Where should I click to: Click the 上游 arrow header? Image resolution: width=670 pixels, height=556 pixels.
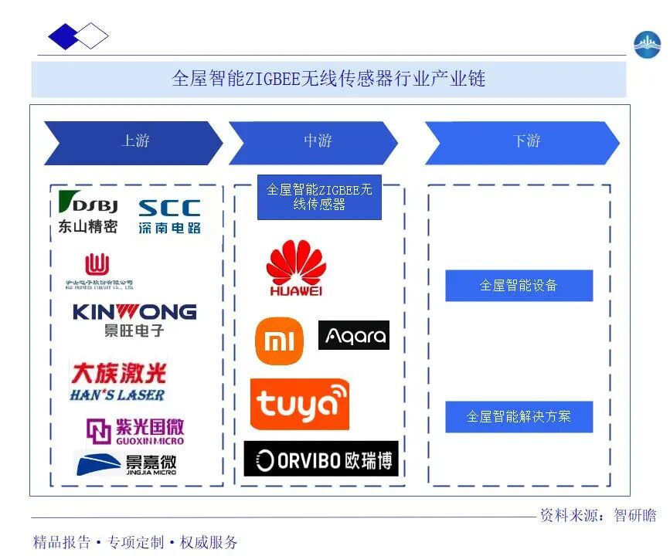pos(133,142)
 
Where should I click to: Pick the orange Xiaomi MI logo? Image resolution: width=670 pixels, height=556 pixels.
pos(279,341)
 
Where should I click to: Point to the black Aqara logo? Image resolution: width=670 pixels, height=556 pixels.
pos(354,336)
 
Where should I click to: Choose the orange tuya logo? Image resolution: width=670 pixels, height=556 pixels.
pos(299,404)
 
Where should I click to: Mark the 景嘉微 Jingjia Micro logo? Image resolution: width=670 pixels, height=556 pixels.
pos(127,464)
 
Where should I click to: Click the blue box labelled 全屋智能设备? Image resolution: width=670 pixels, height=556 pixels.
pos(519,286)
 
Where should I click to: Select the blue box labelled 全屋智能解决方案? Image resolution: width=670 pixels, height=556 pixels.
pos(519,417)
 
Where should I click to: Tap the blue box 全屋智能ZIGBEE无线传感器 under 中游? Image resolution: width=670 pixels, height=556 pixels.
pos(319,198)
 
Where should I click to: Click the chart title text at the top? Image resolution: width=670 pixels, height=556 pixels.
pos(328,79)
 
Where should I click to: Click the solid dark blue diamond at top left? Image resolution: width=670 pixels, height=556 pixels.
pos(64,36)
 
